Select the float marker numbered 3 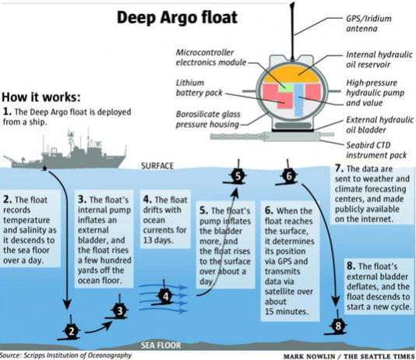tap(118, 311)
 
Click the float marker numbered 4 tap(165, 295)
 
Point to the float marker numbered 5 tap(236, 175)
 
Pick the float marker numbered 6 tap(288, 177)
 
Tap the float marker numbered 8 tap(337, 323)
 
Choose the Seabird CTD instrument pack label tap(369, 154)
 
